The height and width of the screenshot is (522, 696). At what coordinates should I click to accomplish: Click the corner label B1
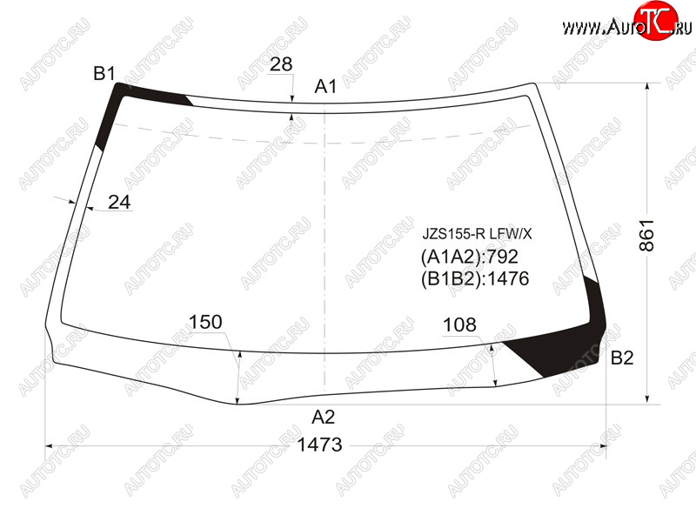point(104,74)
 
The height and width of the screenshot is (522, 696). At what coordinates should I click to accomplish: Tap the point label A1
point(325,86)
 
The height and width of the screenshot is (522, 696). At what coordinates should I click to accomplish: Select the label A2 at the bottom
point(323,418)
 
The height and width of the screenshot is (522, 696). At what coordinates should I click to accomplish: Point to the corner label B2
point(622,358)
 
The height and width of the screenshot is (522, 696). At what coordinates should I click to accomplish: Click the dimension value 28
point(280,64)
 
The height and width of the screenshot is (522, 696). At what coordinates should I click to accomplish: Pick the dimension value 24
point(119,203)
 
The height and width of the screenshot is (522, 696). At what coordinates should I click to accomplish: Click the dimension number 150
point(205,322)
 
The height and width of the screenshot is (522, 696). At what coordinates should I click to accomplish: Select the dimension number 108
point(459,325)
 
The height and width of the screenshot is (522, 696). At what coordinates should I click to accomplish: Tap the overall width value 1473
point(319,445)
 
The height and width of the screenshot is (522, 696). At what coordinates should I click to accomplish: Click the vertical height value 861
point(647,235)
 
